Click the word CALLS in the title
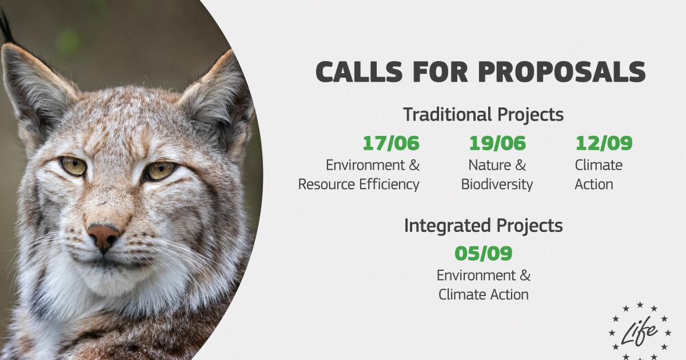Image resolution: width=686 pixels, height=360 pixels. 359,71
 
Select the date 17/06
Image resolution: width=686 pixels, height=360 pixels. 391,143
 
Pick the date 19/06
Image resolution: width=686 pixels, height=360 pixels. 497,143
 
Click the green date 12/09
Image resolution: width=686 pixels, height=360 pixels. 604,143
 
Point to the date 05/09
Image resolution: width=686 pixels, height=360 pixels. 483,254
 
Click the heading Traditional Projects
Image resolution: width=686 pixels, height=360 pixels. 483,115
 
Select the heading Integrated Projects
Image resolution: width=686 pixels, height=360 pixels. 483,226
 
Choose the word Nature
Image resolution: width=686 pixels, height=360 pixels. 490,166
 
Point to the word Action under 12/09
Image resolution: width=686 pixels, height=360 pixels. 594,185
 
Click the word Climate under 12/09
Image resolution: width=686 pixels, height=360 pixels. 599,165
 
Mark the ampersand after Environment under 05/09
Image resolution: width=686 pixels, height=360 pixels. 525,275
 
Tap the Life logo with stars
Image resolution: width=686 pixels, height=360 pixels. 640,331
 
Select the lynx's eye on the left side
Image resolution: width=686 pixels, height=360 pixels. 73,166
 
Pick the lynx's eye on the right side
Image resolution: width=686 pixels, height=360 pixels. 160,170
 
